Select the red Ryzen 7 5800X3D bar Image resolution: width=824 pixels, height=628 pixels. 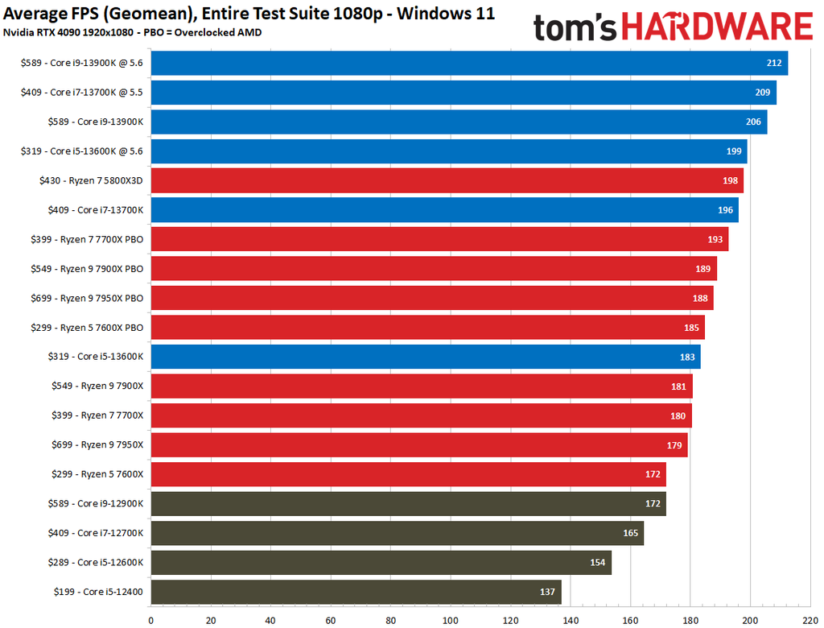pos(447,180)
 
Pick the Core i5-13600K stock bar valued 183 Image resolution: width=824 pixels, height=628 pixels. pos(425,357)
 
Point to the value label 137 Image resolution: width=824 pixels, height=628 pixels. pos(547,592)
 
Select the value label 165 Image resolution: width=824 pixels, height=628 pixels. pos(630,533)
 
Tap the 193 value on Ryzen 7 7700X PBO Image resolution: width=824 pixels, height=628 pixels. pos(715,239)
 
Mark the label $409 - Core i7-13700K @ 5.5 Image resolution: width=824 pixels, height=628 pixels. pos(82,93)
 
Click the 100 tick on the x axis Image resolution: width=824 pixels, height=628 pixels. pos(451,620)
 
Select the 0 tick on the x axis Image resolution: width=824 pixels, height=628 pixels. pos(151,620)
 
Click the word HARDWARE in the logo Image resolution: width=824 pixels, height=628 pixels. pos(715,28)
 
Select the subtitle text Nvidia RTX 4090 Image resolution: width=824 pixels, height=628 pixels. pos(40,32)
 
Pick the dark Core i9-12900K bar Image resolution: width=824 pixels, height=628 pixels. pos(408,503)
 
